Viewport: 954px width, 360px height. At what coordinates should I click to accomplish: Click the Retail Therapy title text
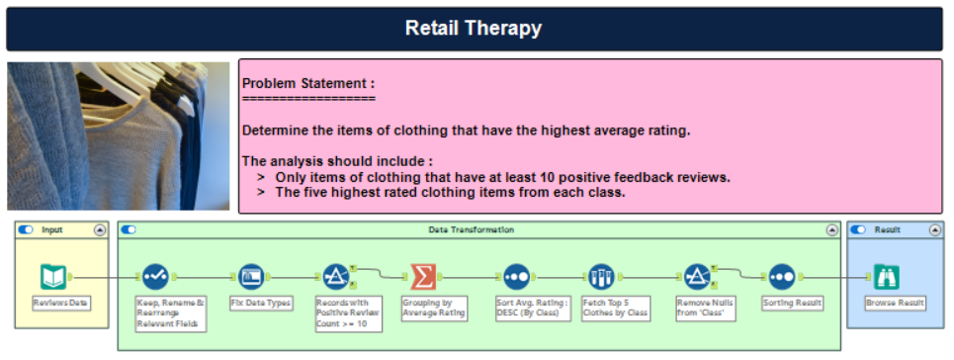[x=474, y=29]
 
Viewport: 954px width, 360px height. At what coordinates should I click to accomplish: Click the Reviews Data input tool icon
[x=53, y=277]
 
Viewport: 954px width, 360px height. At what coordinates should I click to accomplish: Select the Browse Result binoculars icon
[x=887, y=277]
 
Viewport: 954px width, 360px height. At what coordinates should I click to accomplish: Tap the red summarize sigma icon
[x=422, y=277]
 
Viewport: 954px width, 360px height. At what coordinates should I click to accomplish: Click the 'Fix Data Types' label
[x=261, y=303]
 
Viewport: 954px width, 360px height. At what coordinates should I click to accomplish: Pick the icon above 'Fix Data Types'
[x=252, y=277]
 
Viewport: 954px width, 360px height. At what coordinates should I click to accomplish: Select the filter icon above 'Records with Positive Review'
[x=335, y=277]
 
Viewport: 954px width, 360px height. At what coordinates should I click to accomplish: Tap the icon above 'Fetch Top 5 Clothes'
[x=601, y=277]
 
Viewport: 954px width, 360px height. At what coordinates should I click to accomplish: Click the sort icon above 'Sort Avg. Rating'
[x=515, y=277]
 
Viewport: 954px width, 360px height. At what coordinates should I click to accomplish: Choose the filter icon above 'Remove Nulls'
[x=697, y=277]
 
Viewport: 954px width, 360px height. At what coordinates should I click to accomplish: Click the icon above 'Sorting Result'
[x=782, y=277]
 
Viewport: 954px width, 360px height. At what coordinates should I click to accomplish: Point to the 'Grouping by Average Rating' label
[x=433, y=308]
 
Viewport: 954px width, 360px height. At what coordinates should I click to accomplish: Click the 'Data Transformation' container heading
[x=471, y=229]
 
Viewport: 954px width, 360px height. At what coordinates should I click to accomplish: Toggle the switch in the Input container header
[x=26, y=229]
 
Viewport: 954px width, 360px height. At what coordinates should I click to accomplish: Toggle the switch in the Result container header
[x=859, y=229]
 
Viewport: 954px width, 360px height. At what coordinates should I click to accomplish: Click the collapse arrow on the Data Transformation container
[x=832, y=229]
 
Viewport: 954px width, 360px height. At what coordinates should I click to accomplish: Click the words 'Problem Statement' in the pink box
[x=307, y=84]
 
